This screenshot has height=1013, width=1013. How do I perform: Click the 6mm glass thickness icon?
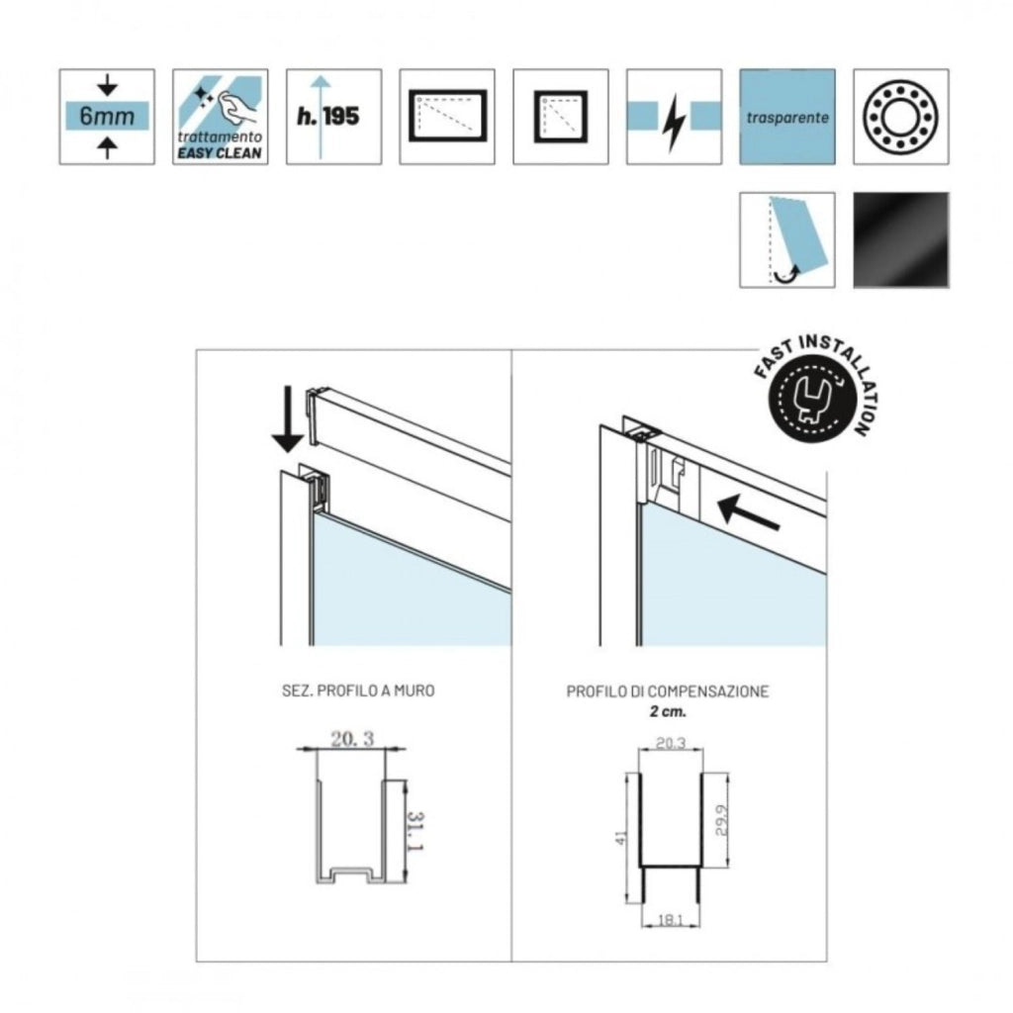coord(107,117)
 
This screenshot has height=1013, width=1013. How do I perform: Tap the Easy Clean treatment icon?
coord(221,117)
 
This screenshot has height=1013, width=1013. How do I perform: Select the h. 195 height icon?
coord(334,117)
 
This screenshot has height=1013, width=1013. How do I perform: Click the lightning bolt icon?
coord(674,117)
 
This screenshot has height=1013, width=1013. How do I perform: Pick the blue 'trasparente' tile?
coord(787,117)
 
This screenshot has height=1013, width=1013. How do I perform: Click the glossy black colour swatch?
coord(901,239)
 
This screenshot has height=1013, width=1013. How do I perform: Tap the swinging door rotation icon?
coord(787,239)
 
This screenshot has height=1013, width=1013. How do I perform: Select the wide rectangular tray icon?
coord(447,117)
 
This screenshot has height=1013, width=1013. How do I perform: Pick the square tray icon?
coord(561,117)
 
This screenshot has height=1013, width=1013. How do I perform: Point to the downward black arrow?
coord(288,419)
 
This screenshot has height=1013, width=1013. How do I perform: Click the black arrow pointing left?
coord(750,511)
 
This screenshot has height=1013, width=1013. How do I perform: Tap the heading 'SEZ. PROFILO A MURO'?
coord(358,691)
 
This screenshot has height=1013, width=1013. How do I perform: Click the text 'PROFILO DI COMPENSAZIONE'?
coord(668,691)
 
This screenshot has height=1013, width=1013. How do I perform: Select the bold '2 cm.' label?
coord(668,712)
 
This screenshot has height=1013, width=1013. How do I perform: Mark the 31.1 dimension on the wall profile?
coord(416,831)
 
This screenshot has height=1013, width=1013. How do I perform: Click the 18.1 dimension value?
coord(670,920)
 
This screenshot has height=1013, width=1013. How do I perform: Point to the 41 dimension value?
coord(621,837)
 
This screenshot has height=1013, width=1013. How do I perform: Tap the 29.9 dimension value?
coord(721,820)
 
